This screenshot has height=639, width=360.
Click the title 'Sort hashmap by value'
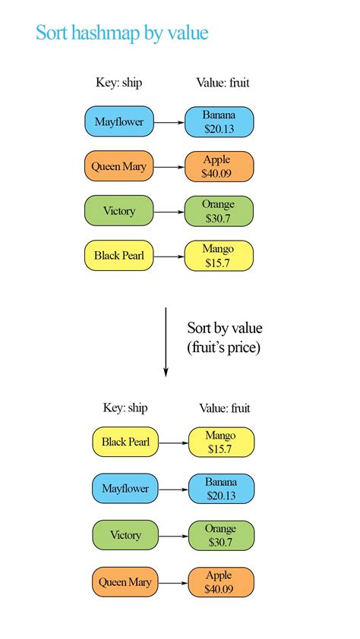click(122, 33)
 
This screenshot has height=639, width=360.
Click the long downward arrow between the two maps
click(166, 341)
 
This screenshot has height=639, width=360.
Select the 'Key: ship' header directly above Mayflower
click(118, 83)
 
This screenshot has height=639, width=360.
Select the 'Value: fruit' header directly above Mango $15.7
click(224, 408)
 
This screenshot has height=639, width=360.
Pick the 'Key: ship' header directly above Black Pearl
click(125, 408)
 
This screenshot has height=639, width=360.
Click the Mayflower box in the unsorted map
click(119, 121)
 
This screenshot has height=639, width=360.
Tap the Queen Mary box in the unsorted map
click(119, 166)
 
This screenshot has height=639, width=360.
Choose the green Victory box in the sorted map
click(125, 535)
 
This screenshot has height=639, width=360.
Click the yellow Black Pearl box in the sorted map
click(125, 442)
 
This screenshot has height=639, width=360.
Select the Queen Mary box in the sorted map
click(125, 582)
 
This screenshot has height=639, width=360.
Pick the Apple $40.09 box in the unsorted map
click(219, 166)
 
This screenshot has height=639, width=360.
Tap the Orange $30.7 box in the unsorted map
click(219, 211)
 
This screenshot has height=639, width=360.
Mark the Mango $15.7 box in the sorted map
click(219, 442)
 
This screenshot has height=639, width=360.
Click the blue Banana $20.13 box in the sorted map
click(219, 489)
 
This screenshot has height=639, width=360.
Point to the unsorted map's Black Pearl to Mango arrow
click(169, 256)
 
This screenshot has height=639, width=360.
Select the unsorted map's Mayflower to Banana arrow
click(169, 121)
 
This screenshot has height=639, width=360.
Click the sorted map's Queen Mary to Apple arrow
click(173, 583)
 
